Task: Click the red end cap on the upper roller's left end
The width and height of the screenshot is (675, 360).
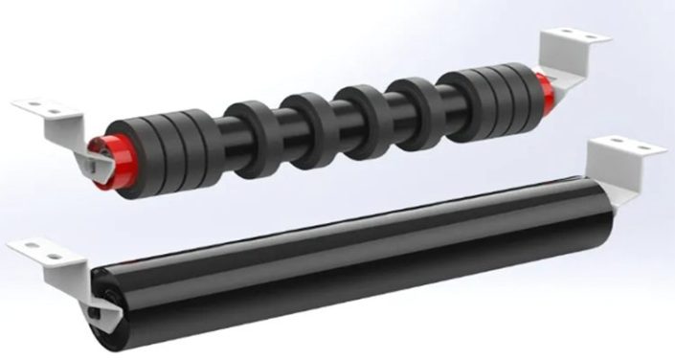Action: click(x=99, y=154)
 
